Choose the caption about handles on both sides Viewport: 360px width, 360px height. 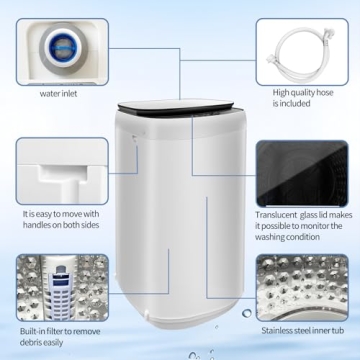coord(62,218)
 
